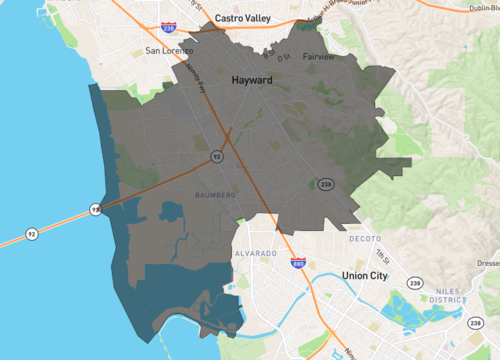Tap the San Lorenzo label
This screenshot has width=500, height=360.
[167, 50]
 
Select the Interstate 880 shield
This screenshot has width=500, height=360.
[298, 263]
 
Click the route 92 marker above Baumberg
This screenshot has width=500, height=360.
[216, 157]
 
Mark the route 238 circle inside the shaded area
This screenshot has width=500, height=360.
[325, 185]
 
